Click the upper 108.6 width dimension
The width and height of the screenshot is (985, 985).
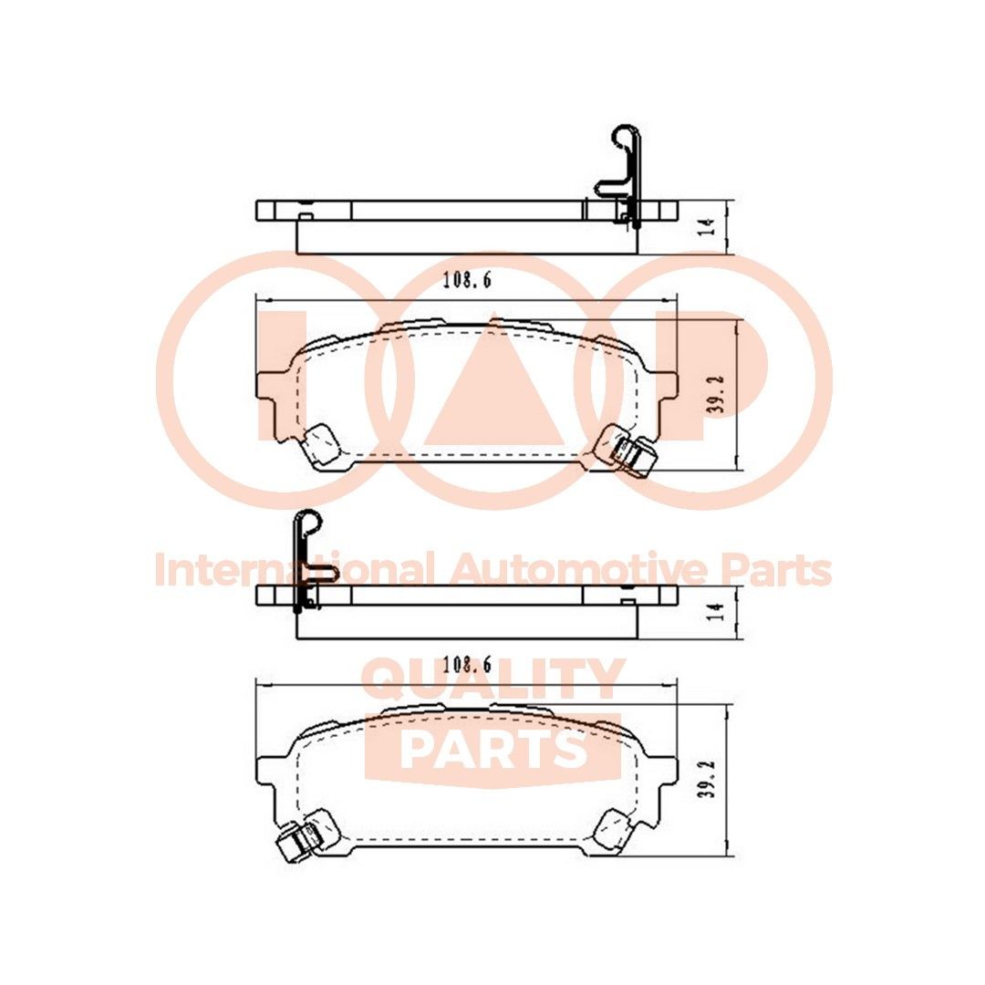coord(467,282)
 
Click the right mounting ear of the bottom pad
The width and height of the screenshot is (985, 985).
coord(665,772)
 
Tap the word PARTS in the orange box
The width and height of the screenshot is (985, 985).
coord(493,748)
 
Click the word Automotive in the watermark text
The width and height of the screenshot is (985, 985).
coord(580,571)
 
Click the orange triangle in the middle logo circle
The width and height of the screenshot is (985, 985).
coord(493,388)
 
